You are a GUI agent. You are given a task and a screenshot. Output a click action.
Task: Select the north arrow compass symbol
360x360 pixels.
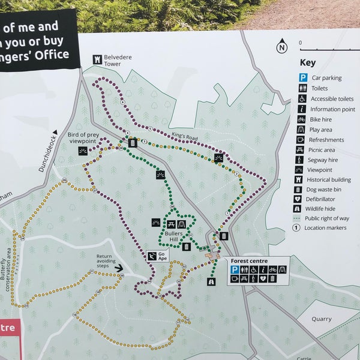[282, 46]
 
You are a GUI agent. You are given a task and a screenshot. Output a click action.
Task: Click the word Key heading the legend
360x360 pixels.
[307, 62]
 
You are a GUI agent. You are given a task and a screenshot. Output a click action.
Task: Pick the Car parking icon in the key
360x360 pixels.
[304, 77]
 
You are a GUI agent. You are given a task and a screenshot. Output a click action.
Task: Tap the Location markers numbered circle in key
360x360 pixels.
[296, 227]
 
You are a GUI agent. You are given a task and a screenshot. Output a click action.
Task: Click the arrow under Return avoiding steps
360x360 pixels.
[119, 268]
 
